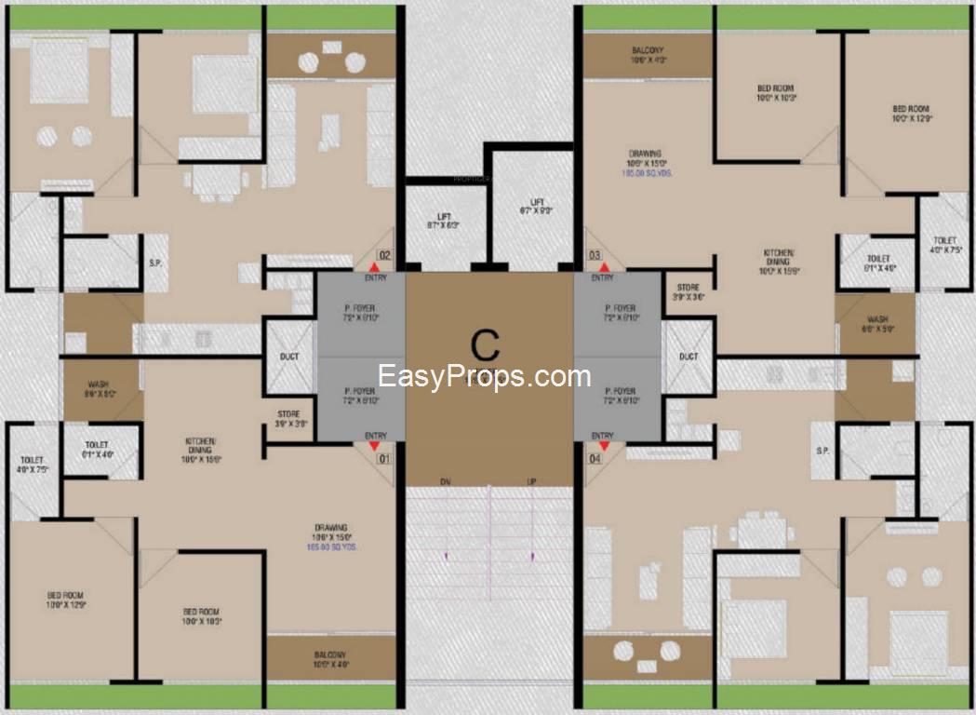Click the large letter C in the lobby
(484, 345)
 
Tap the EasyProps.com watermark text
(484, 377)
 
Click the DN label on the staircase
(446, 481)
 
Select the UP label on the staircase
(531, 481)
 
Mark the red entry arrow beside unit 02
(374, 268)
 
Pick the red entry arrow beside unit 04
(604, 446)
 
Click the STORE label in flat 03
(688, 292)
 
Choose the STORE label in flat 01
(287, 418)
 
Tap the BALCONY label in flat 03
(648, 54)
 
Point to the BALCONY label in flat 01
(330, 659)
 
